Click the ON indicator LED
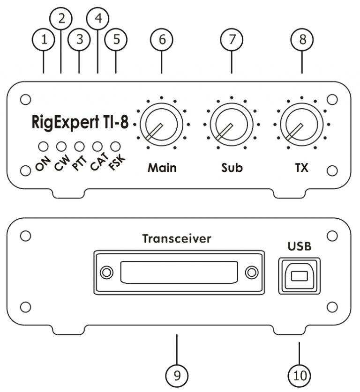(42, 146)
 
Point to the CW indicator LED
(60, 146)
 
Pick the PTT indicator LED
(79, 146)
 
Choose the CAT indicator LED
(97, 146)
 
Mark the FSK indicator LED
(115, 146)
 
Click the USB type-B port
(299, 276)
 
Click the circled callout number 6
(162, 40)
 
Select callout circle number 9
(177, 375)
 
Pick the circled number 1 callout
(44, 40)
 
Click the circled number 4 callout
(97, 18)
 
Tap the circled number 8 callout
(302, 40)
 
